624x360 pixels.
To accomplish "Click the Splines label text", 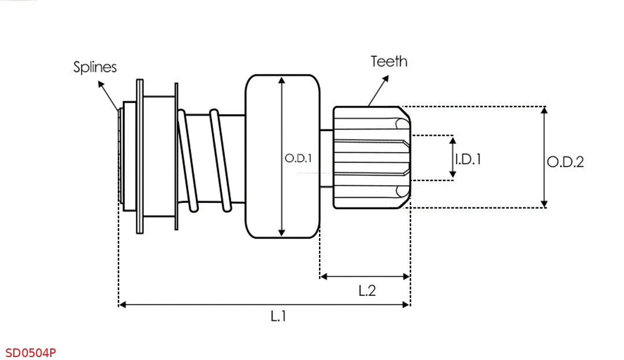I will [95, 67].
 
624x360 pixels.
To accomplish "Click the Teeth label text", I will [389, 61].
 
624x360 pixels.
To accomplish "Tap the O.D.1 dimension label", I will [298, 158].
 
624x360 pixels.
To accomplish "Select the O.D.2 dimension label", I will [566, 162].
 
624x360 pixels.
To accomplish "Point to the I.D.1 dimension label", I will [468, 159].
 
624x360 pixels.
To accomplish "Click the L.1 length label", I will [278, 316].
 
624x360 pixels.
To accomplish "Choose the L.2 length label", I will [367, 291].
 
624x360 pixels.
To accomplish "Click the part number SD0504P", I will [31, 352].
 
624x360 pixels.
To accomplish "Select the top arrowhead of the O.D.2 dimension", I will [544, 110].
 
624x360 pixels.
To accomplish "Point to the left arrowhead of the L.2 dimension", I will [324, 277].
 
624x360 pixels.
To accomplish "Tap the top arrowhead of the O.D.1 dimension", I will [282, 81].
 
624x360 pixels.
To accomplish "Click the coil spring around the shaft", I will [205, 159].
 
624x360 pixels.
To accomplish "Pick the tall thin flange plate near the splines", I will [140, 157].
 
